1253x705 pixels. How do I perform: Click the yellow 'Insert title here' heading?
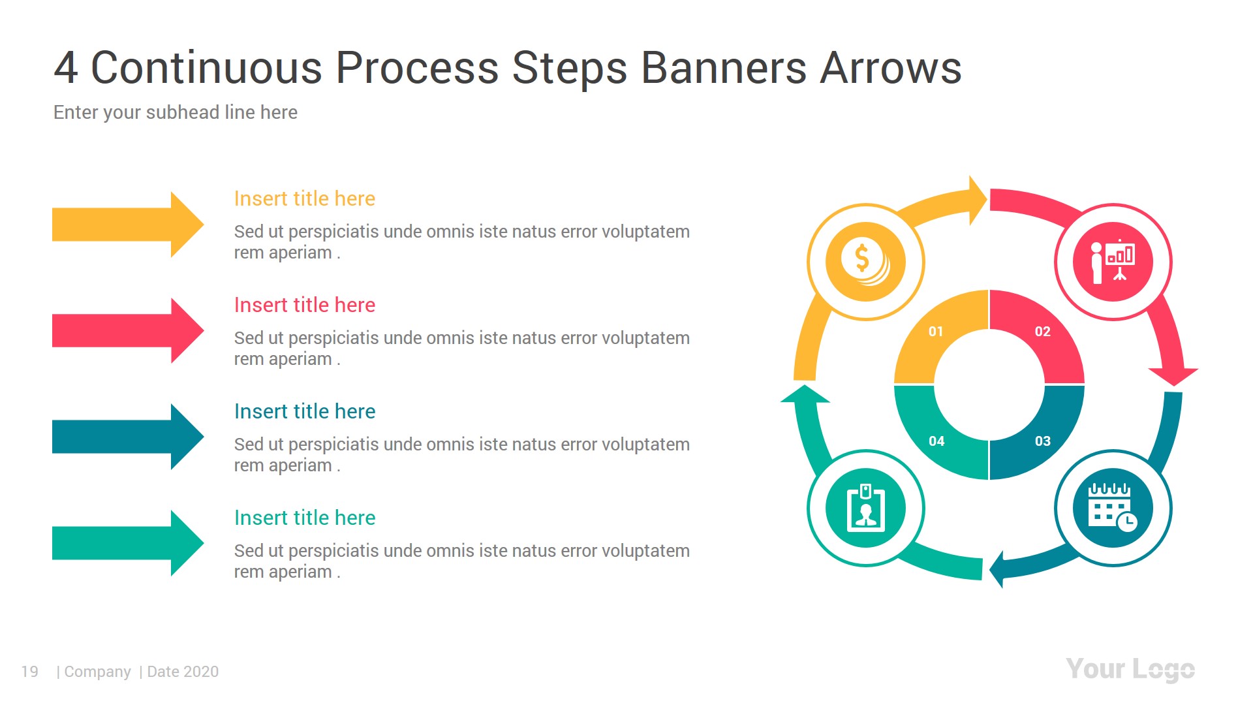point(304,198)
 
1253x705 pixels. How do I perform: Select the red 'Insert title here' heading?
point(304,305)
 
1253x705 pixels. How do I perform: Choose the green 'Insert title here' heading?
point(304,518)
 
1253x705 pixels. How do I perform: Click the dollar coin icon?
point(865,261)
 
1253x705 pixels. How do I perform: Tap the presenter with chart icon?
point(1113,261)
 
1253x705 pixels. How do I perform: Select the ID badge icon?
point(865,508)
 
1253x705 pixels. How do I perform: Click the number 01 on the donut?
point(936,332)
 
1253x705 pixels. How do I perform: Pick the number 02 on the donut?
point(1042,332)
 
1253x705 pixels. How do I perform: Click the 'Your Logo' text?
point(1130,669)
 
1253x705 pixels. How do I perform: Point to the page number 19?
point(29,672)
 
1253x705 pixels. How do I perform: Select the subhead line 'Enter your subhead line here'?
point(175,112)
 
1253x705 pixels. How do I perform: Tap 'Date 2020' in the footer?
point(183,672)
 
